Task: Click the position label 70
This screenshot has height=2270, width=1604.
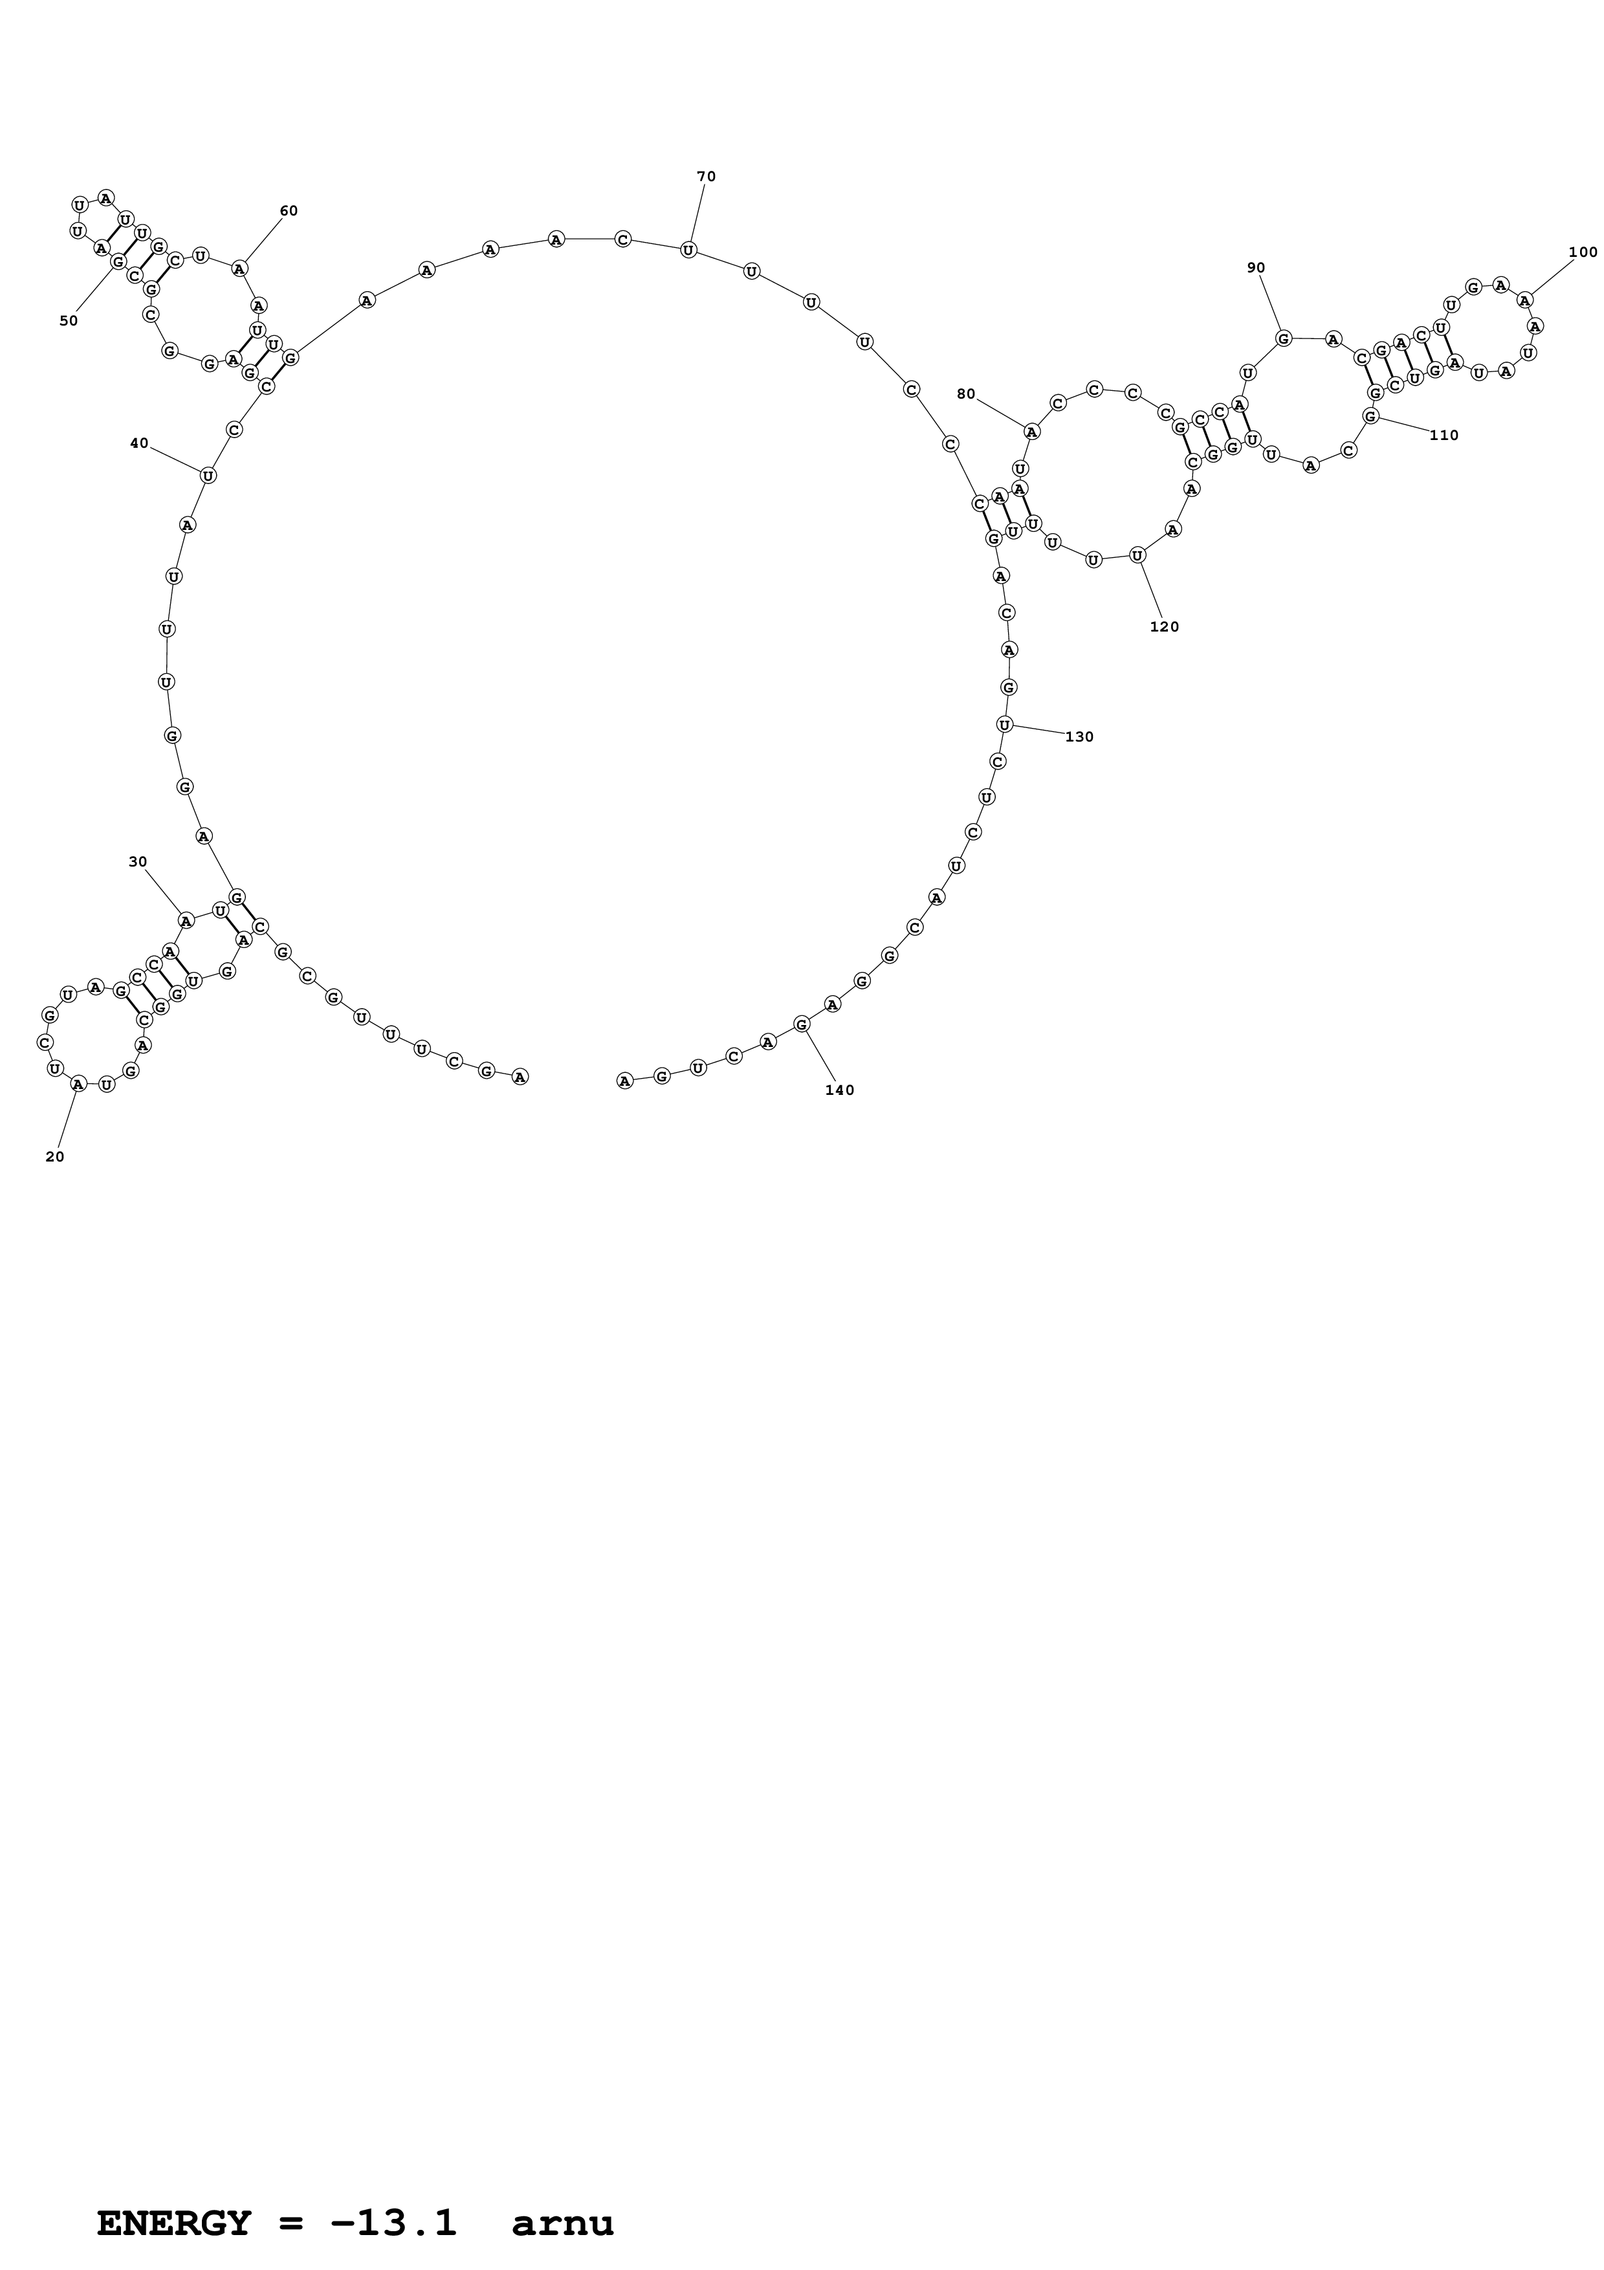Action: tap(706, 177)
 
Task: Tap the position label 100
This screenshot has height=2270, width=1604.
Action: tap(1582, 252)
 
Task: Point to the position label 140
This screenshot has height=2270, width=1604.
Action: tap(839, 1090)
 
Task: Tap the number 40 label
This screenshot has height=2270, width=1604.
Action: tap(139, 443)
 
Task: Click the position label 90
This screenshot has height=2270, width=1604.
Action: tap(1256, 267)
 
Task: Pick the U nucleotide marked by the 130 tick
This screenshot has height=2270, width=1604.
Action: tap(1004, 725)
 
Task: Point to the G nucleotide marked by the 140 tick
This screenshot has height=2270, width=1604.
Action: tap(802, 1024)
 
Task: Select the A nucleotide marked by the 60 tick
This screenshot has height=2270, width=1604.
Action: tap(239, 268)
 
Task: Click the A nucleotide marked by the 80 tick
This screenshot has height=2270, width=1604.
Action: tap(1032, 431)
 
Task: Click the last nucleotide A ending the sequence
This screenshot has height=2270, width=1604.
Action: tap(624, 1081)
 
